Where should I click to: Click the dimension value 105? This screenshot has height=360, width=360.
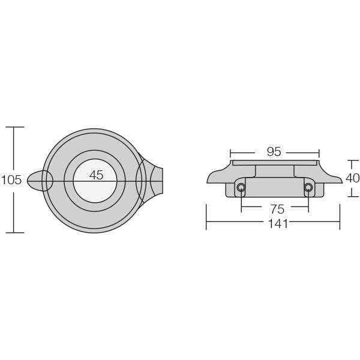(11, 179)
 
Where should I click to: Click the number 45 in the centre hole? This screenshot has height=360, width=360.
(96, 175)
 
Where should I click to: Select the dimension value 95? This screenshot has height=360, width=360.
(274, 152)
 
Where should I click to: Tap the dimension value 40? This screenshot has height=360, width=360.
(352, 178)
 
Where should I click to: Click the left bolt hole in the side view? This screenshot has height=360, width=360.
(241, 188)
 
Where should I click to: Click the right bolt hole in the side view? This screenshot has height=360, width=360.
(308, 188)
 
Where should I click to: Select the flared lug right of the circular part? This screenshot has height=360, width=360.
(154, 180)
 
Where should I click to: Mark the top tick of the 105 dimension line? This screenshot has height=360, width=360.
(14, 127)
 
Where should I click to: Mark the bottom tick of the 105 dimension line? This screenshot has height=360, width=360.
(14, 232)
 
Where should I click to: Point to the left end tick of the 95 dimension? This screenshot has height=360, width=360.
(230, 152)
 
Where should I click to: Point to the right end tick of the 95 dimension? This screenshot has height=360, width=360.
(319, 152)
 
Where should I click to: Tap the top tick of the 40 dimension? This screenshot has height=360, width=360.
(353, 160)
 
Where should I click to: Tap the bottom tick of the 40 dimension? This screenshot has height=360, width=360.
(353, 196)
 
